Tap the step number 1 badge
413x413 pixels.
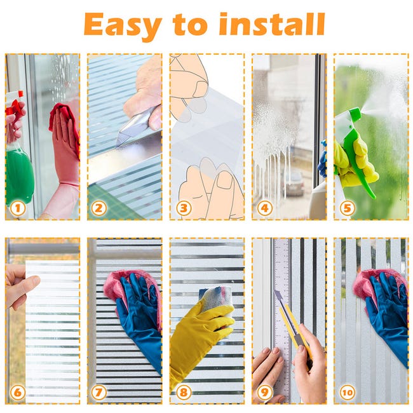click(18, 208)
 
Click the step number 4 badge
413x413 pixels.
click(264, 208)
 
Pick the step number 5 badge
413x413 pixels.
click(346, 208)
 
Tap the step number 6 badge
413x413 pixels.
click(18, 392)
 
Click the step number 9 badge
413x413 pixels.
click(264, 392)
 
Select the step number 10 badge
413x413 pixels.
click(347, 392)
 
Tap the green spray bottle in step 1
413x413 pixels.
click(19, 172)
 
